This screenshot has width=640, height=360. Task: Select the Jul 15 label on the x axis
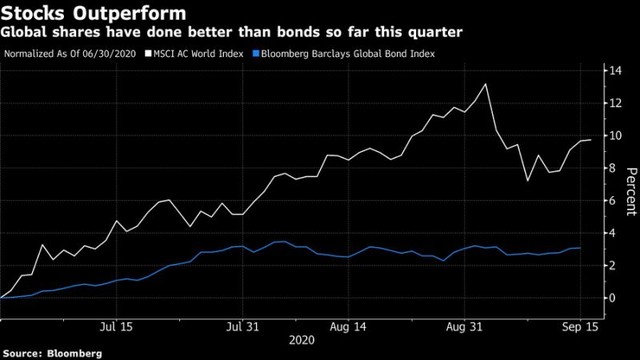tap(118, 326)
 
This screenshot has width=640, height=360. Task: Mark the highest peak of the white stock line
tap(485, 84)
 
